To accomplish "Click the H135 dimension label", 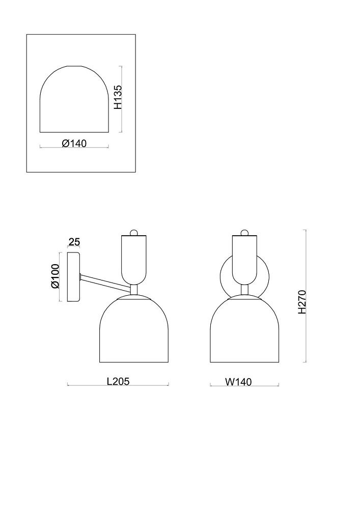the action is pyautogui.click(x=118, y=97).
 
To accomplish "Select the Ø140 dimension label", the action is pyautogui.click(x=74, y=143).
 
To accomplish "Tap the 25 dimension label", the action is pyautogui.click(x=74, y=242).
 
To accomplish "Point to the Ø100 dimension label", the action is pyautogui.click(x=55, y=276).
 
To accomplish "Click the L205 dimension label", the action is pyautogui.click(x=118, y=381).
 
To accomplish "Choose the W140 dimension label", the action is pyautogui.click(x=238, y=382).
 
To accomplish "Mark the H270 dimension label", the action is pyautogui.click(x=302, y=302).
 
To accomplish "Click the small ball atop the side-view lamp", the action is pyautogui.click(x=133, y=233).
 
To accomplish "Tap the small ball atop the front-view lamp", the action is pyautogui.click(x=245, y=233).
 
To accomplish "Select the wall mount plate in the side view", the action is pyautogui.click(x=73, y=277).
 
